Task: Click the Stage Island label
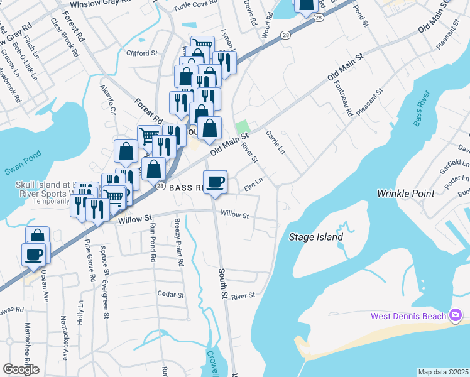pyautogui.click(x=316, y=237)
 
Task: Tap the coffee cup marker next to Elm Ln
pyautogui.click(x=216, y=182)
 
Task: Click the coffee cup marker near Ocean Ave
pyautogui.click(x=33, y=255)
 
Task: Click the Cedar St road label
pyautogui.click(x=170, y=294)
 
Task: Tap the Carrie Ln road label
pyautogui.click(x=275, y=143)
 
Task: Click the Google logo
pyautogui.click(x=21, y=369)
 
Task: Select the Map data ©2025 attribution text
pyautogui.click(x=443, y=372)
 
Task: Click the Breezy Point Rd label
pyautogui.click(x=178, y=241)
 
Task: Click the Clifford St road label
pyautogui.click(x=141, y=53)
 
